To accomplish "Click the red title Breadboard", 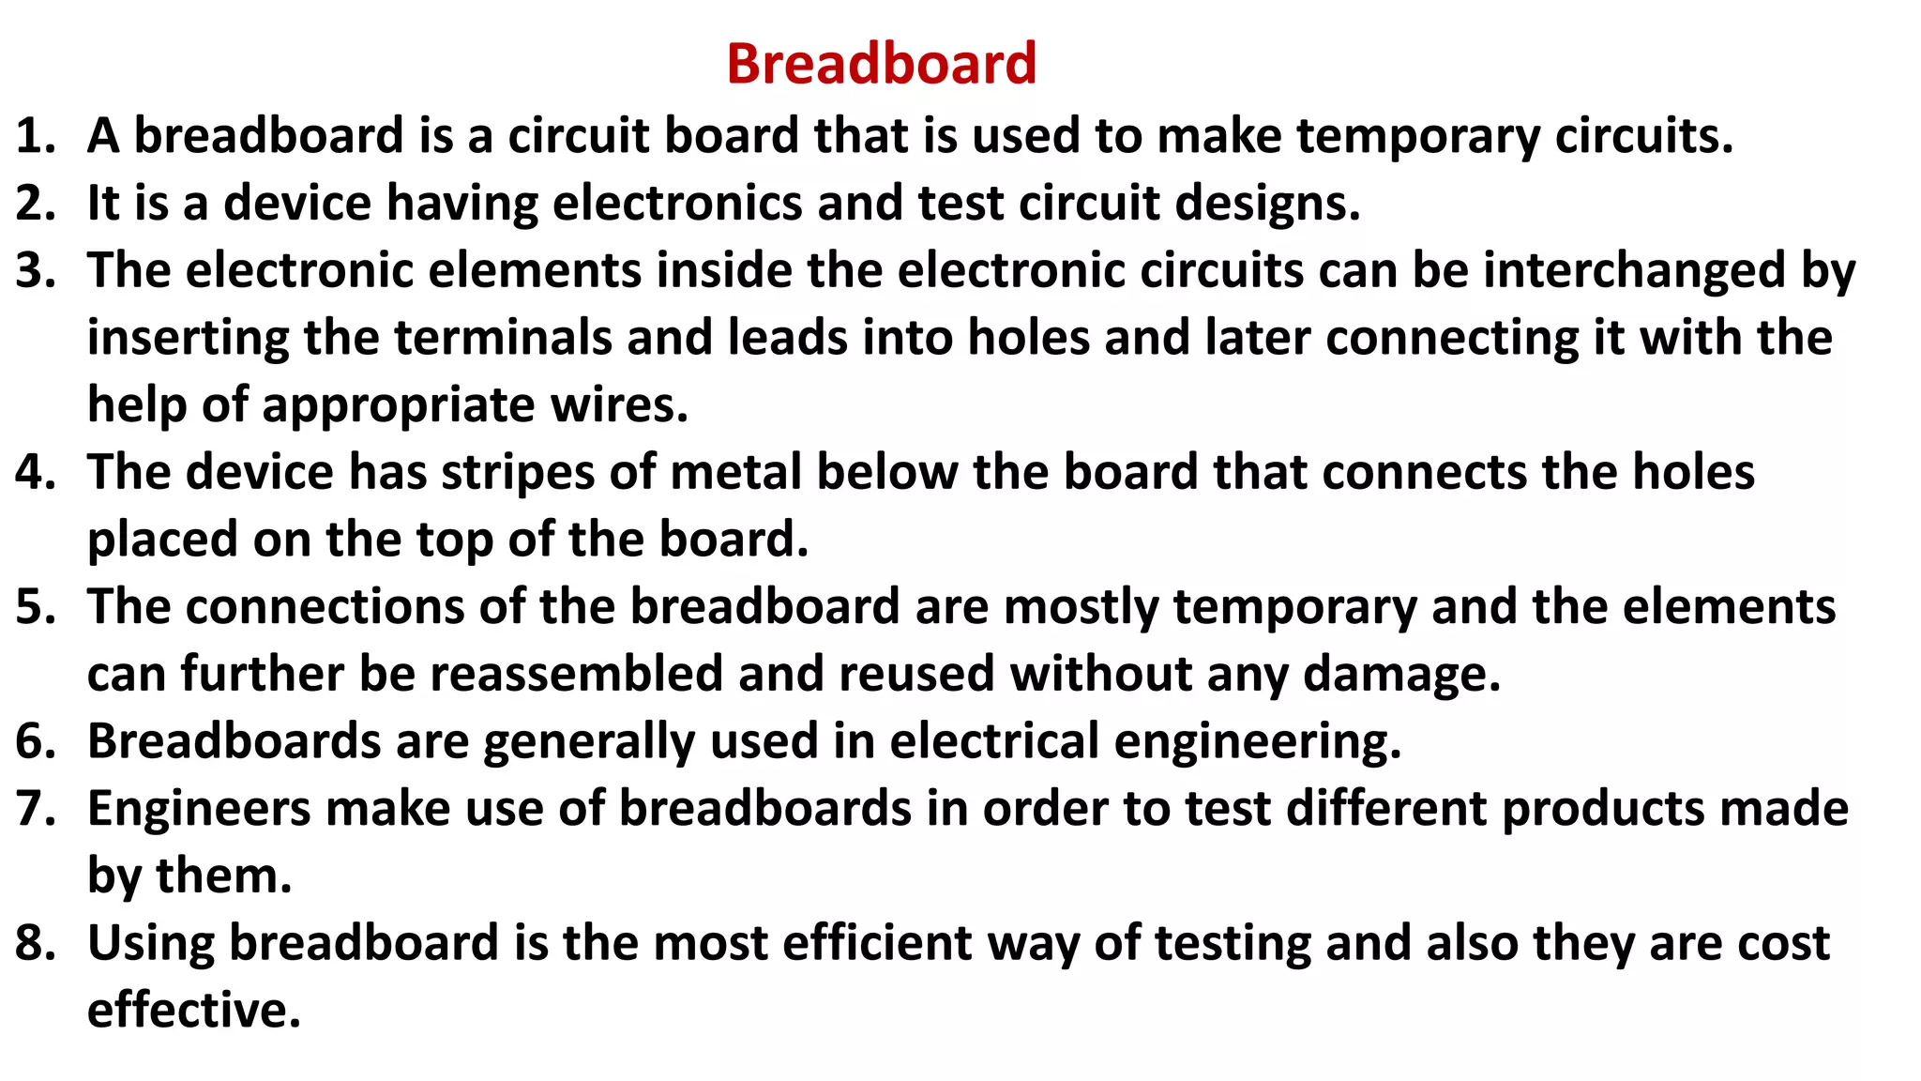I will click(881, 64).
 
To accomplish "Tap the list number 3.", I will click(36, 270).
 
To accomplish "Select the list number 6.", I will click(36, 741).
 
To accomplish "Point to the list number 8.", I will click(36, 943).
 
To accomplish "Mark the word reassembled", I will click(576, 674).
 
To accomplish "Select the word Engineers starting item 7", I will click(199, 808).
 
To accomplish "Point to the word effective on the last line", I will click(193, 1011).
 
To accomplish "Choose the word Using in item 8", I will click(151, 943).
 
